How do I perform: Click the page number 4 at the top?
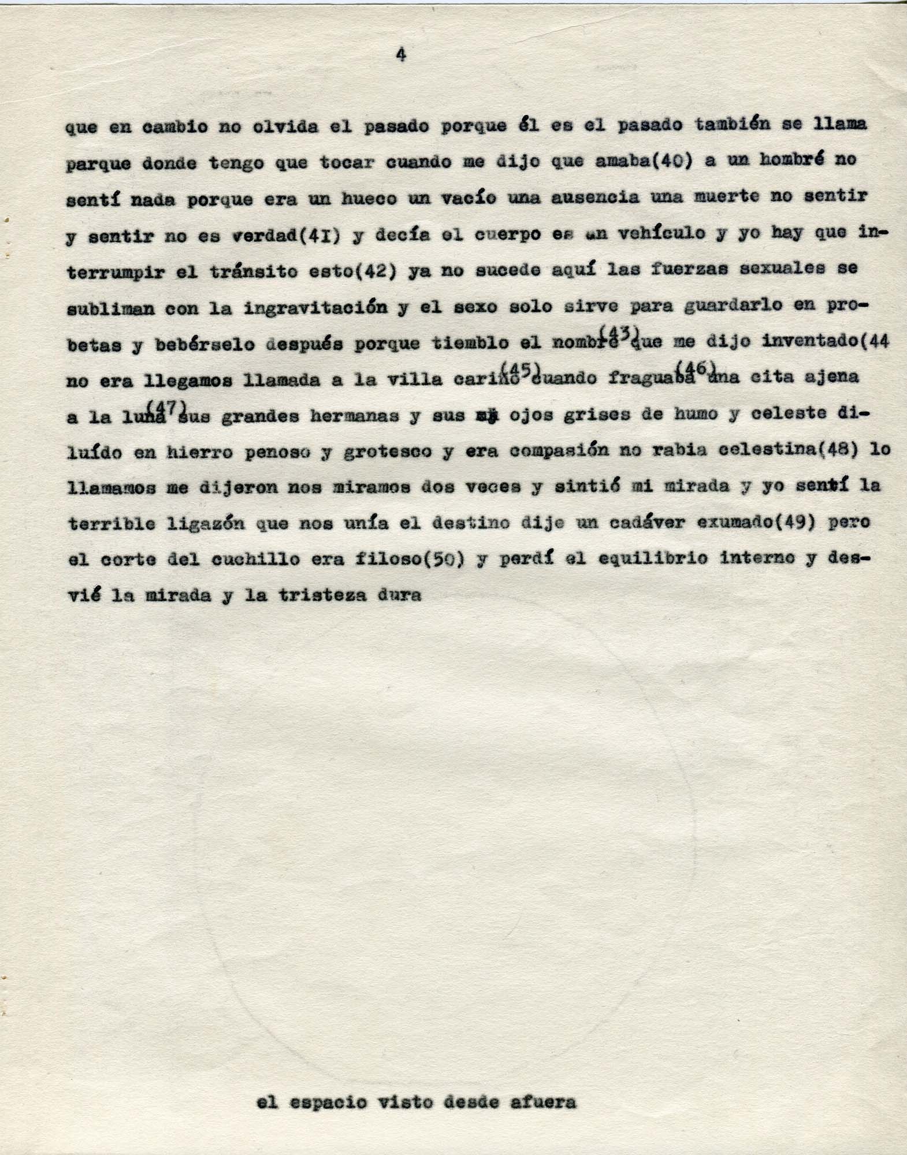point(400,55)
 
